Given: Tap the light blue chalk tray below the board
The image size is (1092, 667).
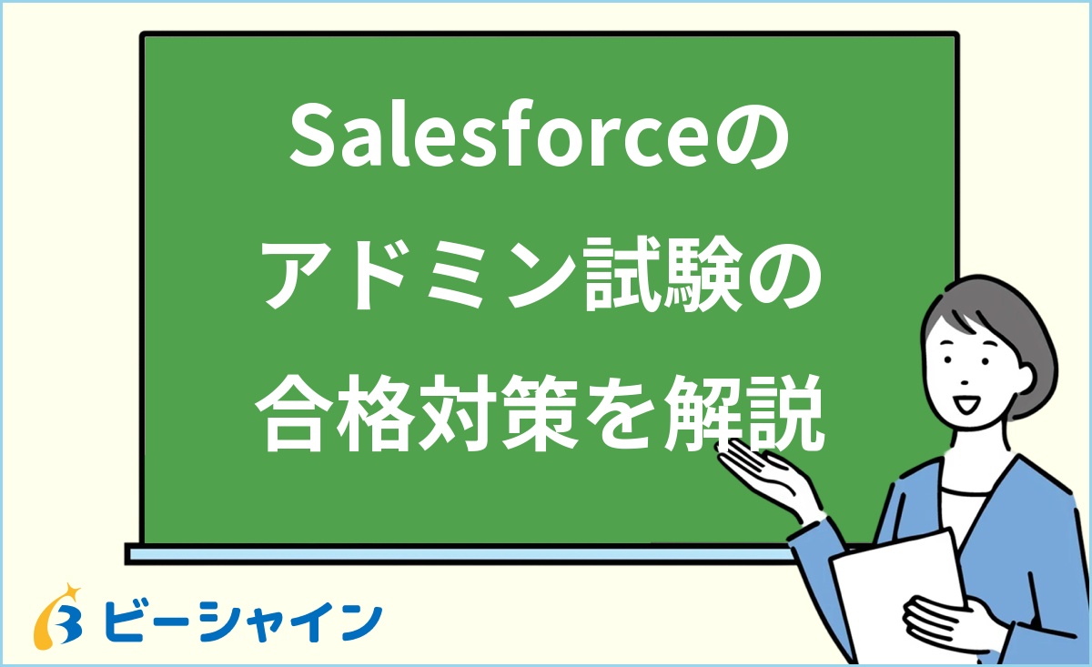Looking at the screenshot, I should click(455, 553).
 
